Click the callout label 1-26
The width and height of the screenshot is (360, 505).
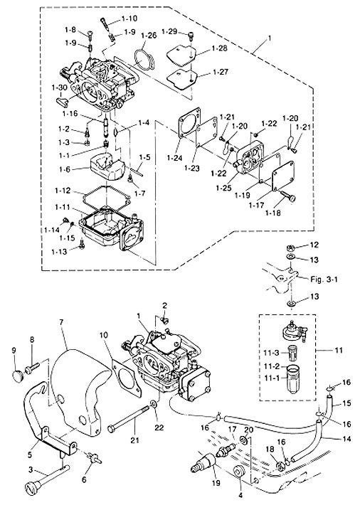click(x=149, y=35)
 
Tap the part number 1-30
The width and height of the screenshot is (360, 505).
click(x=59, y=87)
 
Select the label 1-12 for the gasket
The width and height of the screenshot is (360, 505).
click(x=62, y=191)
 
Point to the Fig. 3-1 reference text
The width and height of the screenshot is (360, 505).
click(x=324, y=280)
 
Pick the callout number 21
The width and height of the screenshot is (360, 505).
click(x=134, y=440)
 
